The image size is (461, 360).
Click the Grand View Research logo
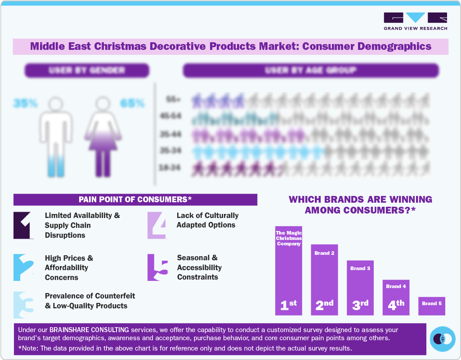[x=415, y=21]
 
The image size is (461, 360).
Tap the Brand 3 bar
[x=360, y=288]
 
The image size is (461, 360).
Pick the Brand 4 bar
[x=396, y=297]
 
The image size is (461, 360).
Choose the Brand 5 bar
[x=431, y=306]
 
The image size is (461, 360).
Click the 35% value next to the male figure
[x=25, y=103]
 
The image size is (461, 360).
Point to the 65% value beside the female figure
[x=132, y=103]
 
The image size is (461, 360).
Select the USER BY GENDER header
[x=87, y=70]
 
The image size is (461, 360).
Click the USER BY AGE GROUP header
[x=310, y=70]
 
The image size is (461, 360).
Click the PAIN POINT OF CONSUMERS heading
[x=135, y=200]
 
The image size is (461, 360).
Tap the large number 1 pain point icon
[x=24, y=225]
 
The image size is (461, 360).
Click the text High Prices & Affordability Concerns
[x=69, y=267]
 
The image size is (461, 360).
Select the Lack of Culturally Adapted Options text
[x=207, y=220]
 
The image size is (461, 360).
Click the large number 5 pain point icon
[x=157, y=268]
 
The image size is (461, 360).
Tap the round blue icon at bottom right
[x=443, y=338]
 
